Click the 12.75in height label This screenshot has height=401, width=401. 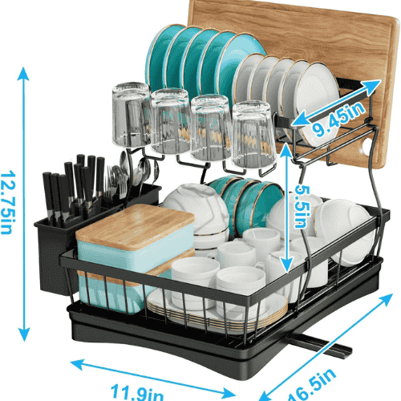coord(9,202)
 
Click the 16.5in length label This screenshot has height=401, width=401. coord(311,385)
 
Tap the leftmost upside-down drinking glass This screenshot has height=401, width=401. coord(131,115)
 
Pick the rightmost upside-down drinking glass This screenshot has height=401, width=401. coord(253,135)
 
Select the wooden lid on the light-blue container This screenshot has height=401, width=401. coord(136,224)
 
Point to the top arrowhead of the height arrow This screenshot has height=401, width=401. coord(23,73)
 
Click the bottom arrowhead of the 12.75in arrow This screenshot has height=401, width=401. coord(24,334)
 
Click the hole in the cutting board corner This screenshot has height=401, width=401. coord(366,147)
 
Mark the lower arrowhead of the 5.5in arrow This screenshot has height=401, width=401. coord(287,265)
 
